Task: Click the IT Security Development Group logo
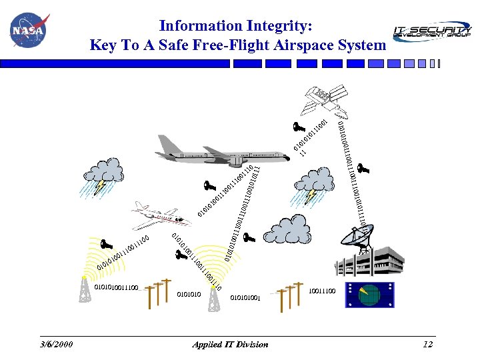(431, 31)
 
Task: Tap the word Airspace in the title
(303, 45)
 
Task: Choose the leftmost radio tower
(85, 288)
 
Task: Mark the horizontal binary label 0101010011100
(116, 287)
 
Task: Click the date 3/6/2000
(56, 344)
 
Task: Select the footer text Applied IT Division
(230, 344)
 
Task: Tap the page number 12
(428, 344)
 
